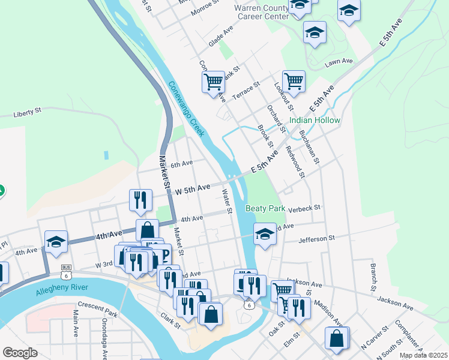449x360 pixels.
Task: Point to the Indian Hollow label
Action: tap(315, 120)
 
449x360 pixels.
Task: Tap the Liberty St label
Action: tap(27, 112)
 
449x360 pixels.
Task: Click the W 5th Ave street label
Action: tap(192, 188)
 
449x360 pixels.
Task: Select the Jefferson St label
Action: tap(316, 239)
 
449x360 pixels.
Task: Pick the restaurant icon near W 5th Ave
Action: tap(140, 200)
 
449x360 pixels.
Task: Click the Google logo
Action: tap(20, 353)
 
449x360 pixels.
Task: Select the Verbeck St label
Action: tap(305, 209)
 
